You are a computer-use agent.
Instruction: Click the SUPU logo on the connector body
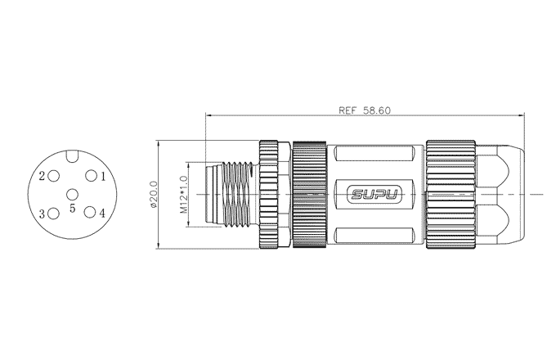(x=374, y=195)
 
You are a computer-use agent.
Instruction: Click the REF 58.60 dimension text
(x=365, y=110)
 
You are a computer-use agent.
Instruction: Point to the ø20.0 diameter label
(x=154, y=195)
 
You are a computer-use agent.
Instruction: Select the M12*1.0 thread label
(x=183, y=195)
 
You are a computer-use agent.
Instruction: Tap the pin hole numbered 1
(x=91, y=176)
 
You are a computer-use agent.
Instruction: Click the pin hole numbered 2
(x=53, y=176)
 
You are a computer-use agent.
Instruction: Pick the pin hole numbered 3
(x=53, y=214)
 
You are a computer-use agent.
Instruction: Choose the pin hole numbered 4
(x=90, y=213)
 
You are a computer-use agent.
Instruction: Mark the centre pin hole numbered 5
(x=72, y=195)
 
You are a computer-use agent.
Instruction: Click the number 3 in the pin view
(x=42, y=214)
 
